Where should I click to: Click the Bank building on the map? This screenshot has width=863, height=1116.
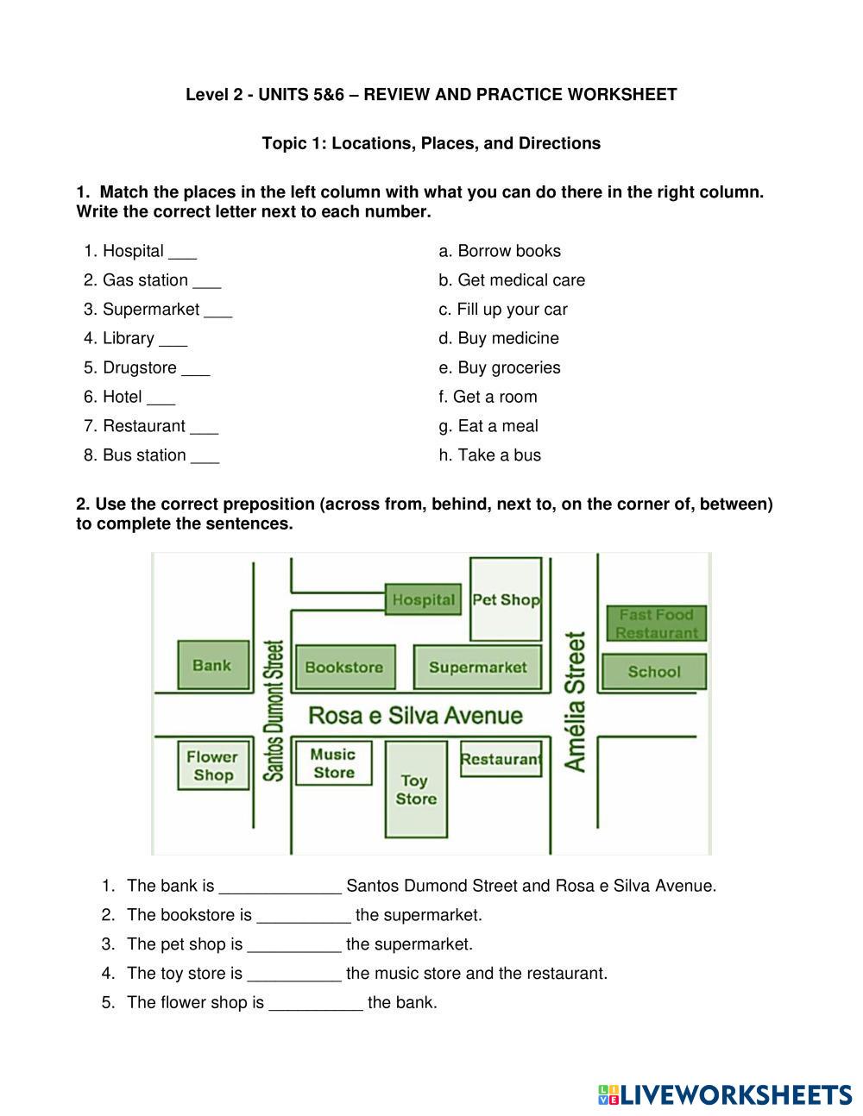(x=213, y=665)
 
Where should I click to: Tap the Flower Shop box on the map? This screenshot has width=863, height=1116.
(x=212, y=765)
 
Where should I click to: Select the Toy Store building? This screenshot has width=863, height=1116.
(x=416, y=789)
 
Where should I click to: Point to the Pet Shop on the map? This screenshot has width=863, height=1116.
(x=506, y=599)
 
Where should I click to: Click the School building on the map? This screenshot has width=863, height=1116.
(x=653, y=672)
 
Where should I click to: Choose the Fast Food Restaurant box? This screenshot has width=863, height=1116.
(x=657, y=624)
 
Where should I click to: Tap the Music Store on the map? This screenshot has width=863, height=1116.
(x=333, y=763)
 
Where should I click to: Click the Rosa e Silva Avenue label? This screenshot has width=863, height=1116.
(x=415, y=716)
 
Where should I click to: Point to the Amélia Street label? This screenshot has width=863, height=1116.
(x=576, y=702)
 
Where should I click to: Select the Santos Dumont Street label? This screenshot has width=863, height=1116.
(x=274, y=711)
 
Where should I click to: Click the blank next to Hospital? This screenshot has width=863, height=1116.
(x=183, y=253)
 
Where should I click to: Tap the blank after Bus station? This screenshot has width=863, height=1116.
(x=205, y=457)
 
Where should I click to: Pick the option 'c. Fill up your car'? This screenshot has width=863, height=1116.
(x=503, y=309)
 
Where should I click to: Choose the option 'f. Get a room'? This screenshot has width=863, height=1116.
(x=488, y=397)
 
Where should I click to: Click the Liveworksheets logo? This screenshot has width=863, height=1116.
(x=724, y=1094)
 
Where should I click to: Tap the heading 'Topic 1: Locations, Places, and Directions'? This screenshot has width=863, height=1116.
(x=431, y=143)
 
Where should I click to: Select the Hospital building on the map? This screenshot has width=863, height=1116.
(x=422, y=599)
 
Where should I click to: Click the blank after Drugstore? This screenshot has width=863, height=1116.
(x=196, y=369)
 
